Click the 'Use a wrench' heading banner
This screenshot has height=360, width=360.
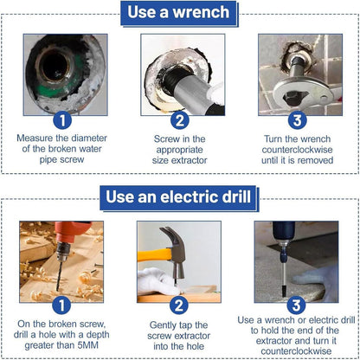[179, 13]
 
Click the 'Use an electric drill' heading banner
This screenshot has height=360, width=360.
[178, 198]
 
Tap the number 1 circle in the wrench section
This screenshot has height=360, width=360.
[62, 120]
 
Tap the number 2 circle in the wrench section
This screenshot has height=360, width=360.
[180, 120]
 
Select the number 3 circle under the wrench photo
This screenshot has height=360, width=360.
[297, 120]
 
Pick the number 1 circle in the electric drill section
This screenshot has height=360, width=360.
[61, 305]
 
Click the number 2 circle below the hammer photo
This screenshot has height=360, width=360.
[179, 305]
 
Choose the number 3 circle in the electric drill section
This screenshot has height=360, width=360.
[296, 305]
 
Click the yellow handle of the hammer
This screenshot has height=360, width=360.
[154, 255]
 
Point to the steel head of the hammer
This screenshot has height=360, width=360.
[176, 251]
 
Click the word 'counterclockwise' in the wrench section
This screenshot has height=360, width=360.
[297, 150]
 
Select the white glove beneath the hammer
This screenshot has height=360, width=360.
[158, 281]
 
